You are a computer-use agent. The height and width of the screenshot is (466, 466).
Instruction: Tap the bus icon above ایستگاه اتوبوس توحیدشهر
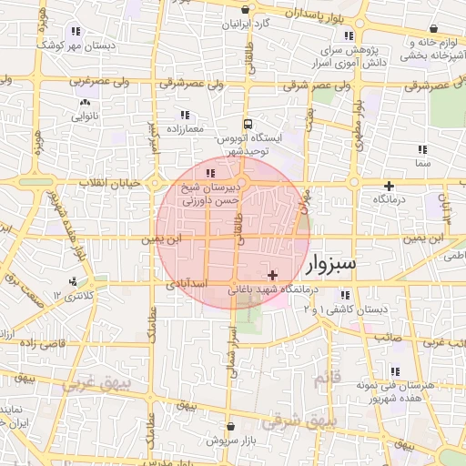[247, 124]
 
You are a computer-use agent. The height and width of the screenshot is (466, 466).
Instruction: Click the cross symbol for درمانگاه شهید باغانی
[272, 275]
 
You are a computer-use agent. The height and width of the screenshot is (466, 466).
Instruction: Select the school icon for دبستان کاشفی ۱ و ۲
[345, 295]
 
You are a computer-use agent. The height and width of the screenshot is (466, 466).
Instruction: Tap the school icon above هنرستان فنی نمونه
[395, 371]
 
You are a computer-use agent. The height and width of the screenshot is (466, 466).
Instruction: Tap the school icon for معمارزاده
[185, 116]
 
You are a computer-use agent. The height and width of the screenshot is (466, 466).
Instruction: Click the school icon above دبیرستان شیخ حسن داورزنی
[210, 173]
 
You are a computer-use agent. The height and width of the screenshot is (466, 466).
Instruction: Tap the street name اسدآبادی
[187, 285]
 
